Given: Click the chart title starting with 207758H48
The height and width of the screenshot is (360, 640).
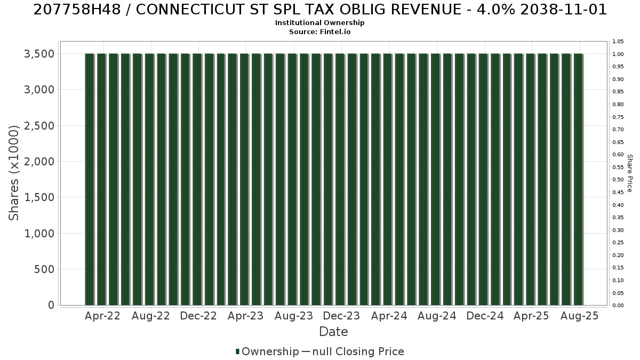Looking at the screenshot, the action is coord(320,10).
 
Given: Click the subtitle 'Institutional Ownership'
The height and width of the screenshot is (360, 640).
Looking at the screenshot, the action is coord(319,23).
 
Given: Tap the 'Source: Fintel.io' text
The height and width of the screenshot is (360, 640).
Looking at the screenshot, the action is coord(319,31).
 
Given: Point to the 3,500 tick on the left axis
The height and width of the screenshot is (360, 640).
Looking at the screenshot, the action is coord(39,54).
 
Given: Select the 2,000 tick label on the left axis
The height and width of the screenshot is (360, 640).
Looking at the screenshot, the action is coord(39,162).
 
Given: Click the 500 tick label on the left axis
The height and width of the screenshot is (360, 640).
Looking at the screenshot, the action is coord(44,269).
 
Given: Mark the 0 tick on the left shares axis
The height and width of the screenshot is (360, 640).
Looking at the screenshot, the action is coord(51,305).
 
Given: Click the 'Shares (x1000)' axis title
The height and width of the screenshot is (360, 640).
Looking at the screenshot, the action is coord(13,173).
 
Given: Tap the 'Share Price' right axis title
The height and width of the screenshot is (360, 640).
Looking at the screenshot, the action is coord(629,173).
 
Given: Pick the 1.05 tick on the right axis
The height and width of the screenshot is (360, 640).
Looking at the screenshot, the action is coord(618,42).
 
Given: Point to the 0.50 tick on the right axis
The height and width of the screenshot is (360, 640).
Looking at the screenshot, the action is coord(618,179).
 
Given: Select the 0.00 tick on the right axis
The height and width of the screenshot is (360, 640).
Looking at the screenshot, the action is coord(618,306).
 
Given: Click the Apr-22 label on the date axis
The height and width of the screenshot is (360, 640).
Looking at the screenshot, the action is coord(102,316).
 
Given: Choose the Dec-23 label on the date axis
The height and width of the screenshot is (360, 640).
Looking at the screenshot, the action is coord(341,316).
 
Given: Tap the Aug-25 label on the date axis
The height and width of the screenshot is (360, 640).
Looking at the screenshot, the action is coord(579,316).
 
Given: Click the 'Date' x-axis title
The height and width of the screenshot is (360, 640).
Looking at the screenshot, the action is coord(333,332).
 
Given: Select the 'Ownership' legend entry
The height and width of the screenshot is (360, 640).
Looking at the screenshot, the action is coord(267,351).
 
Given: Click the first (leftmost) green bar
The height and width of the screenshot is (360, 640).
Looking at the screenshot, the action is coord(90,179).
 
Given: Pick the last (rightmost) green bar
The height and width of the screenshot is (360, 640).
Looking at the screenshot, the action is coord(578,179).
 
